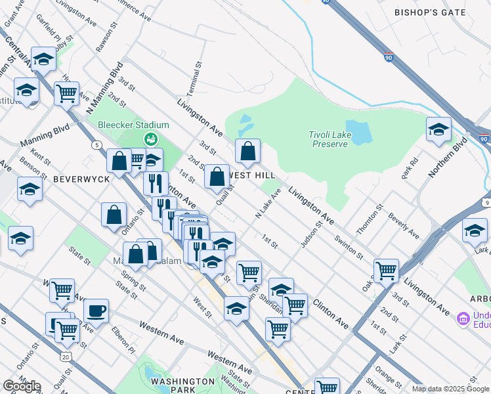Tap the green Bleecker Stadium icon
[x=151, y=139]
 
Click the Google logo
[x=22, y=386]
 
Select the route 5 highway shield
[x=97, y=144]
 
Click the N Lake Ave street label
[x=268, y=204]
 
